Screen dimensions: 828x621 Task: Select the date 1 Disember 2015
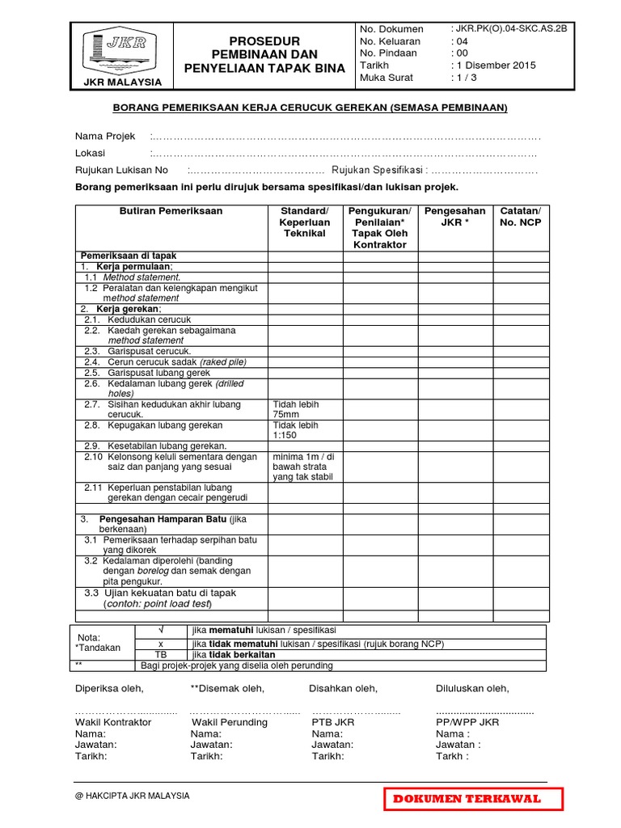coord(496,65)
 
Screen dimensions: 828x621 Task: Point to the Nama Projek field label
coord(105,136)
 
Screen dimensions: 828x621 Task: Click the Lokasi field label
coord(91,153)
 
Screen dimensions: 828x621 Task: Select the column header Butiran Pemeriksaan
coord(171,211)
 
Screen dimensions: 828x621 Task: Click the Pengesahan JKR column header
coord(454,217)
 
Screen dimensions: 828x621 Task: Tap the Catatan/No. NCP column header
coord(520,217)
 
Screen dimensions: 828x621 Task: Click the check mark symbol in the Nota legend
coord(160,630)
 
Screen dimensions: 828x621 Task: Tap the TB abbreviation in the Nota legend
coord(160,654)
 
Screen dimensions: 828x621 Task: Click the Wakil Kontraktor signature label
coord(113,722)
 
